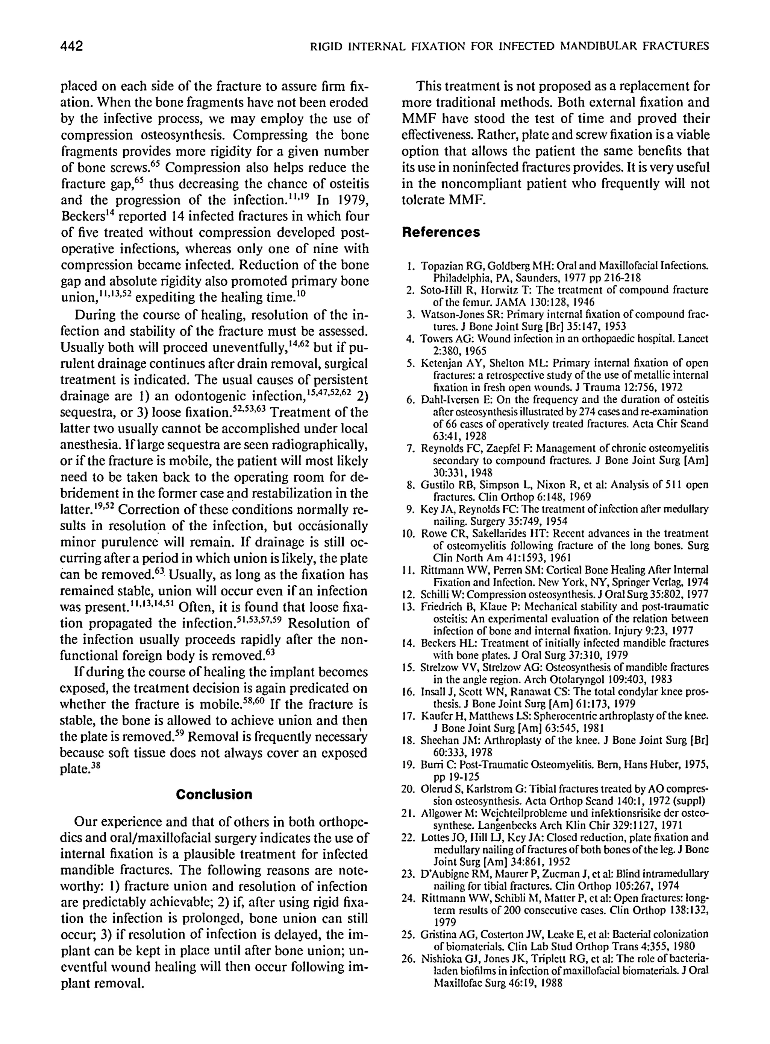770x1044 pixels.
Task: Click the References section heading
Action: [x=441, y=232]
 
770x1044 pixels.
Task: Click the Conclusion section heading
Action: [x=214, y=794]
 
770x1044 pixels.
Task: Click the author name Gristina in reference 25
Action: [x=438, y=934]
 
